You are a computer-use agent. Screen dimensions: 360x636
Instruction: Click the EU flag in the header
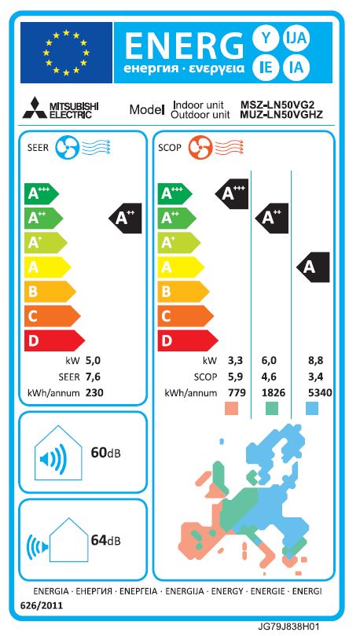point(66,53)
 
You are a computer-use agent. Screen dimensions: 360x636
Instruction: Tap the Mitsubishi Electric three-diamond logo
point(34,108)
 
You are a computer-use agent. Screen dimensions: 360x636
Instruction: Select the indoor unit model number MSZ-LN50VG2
point(277,105)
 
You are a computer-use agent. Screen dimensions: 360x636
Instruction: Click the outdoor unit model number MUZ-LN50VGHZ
point(281,115)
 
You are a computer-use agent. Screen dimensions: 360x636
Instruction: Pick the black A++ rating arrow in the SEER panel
point(125,219)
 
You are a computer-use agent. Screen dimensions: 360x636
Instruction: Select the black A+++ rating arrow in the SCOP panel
point(230,193)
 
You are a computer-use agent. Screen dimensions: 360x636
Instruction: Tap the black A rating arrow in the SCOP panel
point(313,267)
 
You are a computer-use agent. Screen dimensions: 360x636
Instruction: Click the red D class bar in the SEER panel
point(54,340)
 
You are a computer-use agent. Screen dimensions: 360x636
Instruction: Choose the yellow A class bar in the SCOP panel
point(181,267)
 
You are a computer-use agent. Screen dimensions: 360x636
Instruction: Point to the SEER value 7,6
point(93,377)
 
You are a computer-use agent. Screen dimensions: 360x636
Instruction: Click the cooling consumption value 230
point(94,392)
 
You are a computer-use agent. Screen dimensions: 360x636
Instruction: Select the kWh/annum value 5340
point(320,392)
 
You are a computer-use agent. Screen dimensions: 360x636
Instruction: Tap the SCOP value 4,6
point(270,377)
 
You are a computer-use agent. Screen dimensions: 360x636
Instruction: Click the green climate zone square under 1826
point(272,409)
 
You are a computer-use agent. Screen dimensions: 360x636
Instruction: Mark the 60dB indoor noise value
point(106,452)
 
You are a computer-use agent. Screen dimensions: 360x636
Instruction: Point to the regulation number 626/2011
point(42,606)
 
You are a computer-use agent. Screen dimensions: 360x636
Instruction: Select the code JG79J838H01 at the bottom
point(291,627)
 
